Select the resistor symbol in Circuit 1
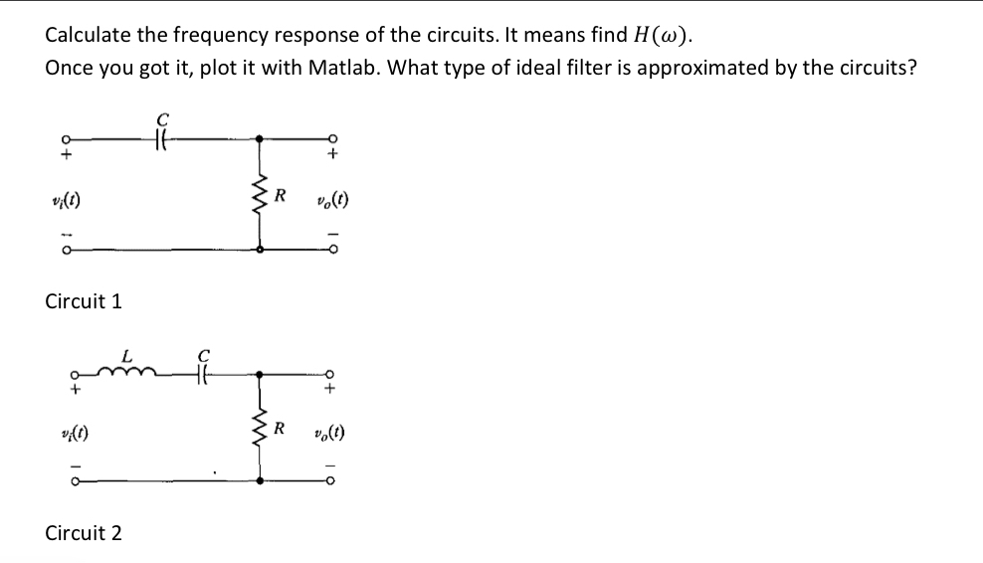pyautogui.click(x=261, y=195)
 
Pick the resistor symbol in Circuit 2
pyautogui.click(x=261, y=431)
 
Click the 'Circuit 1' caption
pyautogui.click(x=84, y=300)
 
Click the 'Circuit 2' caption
pyautogui.click(x=84, y=532)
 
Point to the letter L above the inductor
pyautogui.click(x=125, y=353)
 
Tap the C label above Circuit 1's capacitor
pyautogui.click(x=164, y=122)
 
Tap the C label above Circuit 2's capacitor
pyautogui.click(x=204, y=352)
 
